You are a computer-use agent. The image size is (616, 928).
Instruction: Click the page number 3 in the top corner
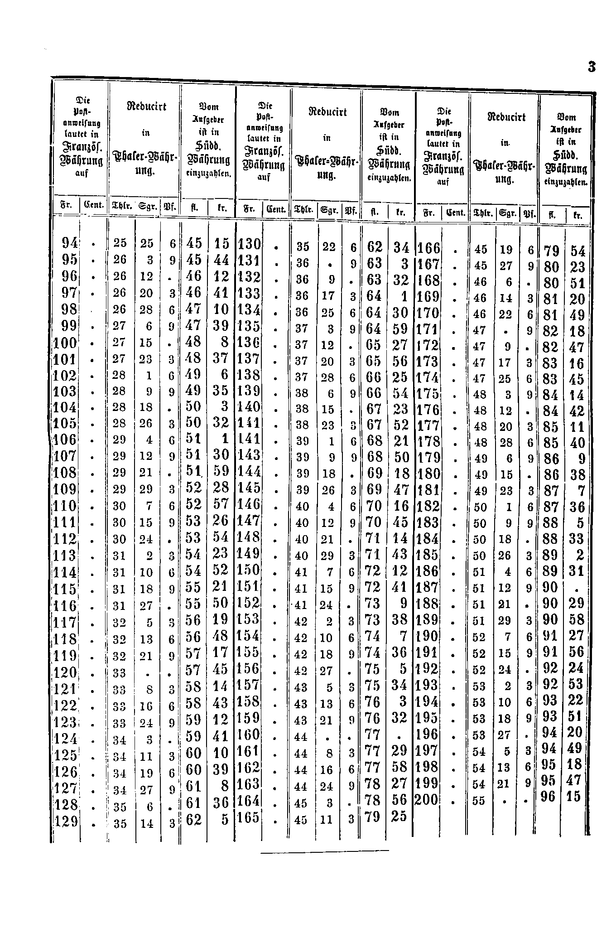(591, 67)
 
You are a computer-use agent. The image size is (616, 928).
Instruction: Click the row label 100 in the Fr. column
(65, 343)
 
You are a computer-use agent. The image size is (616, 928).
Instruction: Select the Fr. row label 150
(249, 570)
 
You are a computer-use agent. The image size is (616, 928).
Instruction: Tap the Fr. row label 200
(427, 800)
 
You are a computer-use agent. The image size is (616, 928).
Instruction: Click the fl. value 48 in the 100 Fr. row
(193, 342)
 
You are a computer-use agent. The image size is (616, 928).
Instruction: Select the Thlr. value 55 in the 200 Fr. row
(479, 801)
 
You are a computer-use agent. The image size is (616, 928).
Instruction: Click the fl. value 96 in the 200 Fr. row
(548, 796)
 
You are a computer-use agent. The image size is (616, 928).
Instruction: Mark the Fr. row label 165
(249, 817)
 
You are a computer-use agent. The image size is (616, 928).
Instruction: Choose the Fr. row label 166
(428, 248)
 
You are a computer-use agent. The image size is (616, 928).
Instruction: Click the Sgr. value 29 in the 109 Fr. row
(146, 489)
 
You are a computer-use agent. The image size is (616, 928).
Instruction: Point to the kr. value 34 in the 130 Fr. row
(401, 247)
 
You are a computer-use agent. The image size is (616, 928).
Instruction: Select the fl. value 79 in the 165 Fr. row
(373, 817)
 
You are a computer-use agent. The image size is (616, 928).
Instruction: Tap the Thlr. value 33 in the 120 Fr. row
(120, 673)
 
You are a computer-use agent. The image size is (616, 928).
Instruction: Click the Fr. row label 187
(427, 587)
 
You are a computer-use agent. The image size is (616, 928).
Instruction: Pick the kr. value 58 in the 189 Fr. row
(577, 619)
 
